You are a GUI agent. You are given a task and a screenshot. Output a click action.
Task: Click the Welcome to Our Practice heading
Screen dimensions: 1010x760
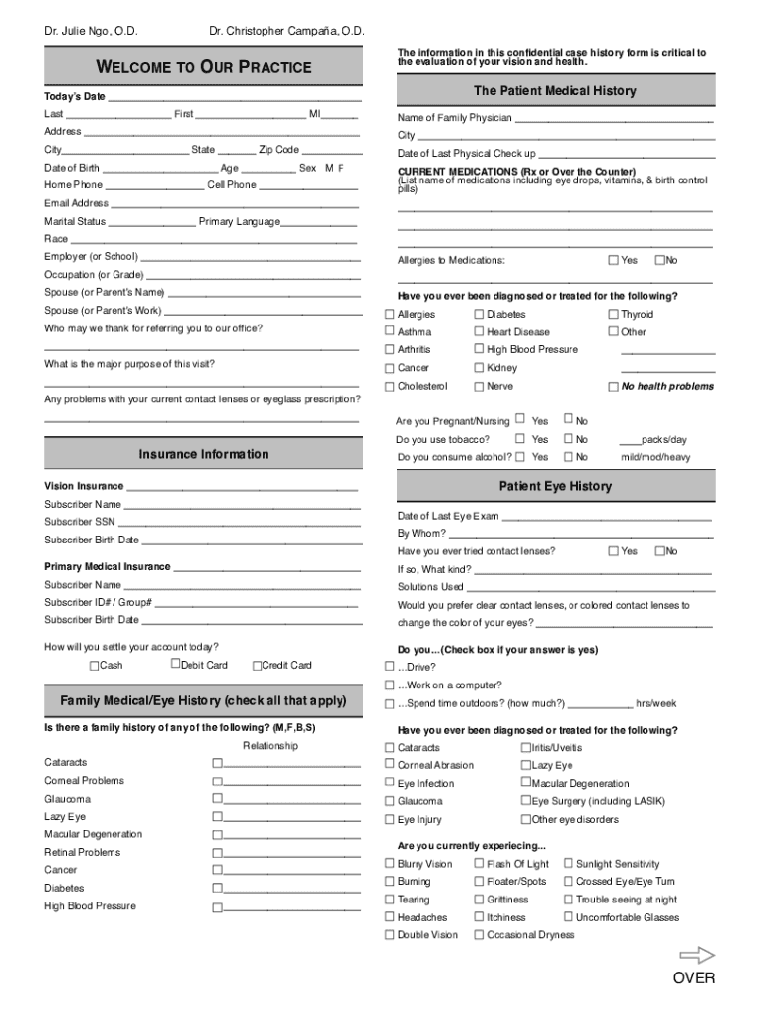pyautogui.click(x=204, y=67)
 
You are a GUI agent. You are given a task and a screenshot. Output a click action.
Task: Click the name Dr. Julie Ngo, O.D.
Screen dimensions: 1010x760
pyautogui.click(x=91, y=31)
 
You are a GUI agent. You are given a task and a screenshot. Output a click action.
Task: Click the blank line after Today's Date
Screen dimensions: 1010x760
pyautogui.click(x=233, y=97)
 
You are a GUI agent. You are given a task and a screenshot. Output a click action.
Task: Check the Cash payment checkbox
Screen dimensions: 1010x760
pyautogui.click(x=95, y=666)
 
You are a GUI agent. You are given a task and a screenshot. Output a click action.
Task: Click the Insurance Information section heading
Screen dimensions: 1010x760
pyautogui.click(x=204, y=454)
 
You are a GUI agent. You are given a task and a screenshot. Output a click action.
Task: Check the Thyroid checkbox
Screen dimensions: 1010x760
pyautogui.click(x=613, y=315)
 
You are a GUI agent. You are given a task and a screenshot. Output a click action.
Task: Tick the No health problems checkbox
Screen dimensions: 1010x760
pyautogui.click(x=613, y=387)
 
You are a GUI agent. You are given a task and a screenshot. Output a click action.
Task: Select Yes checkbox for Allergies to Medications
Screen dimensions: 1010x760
pyautogui.click(x=613, y=260)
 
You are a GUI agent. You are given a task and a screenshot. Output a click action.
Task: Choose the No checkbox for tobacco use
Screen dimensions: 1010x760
pyautogui.click(x=569, y=439)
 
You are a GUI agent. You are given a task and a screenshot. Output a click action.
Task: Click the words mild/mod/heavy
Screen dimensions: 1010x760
pyautogui.click(x=655, y=457)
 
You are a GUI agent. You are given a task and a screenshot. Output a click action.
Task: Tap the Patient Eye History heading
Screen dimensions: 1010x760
pyautogui.click(x=555, y=486)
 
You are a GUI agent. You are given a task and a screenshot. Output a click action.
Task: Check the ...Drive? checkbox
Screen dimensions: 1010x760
pyautogui.click(x=389, y=667)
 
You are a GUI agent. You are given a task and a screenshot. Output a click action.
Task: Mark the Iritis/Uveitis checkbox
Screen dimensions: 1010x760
pyautogui.click(x=525, y=748)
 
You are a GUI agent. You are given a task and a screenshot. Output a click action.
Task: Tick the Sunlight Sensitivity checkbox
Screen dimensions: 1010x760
pyautogui.click(x=569, y=864)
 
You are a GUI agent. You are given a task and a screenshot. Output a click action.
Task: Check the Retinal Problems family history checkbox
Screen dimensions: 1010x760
pyautogui.click(x=217, y=853)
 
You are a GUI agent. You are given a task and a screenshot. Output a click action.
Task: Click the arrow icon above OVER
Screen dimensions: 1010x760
pyautogui.click(x=697, y=955)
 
